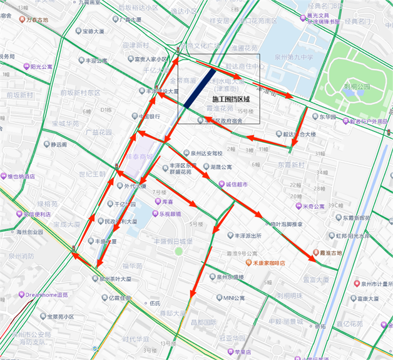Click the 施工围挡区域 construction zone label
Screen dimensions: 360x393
pos(231,100)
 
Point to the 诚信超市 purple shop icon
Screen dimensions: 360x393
pos(220,184)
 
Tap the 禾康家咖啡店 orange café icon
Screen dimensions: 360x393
pos(249,263)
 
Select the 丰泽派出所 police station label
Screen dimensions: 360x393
pos(247,236)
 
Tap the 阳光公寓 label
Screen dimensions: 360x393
pos(41,66)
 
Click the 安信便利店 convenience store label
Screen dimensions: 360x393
pos(33,214)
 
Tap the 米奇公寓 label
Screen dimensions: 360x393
pos(314,206)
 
